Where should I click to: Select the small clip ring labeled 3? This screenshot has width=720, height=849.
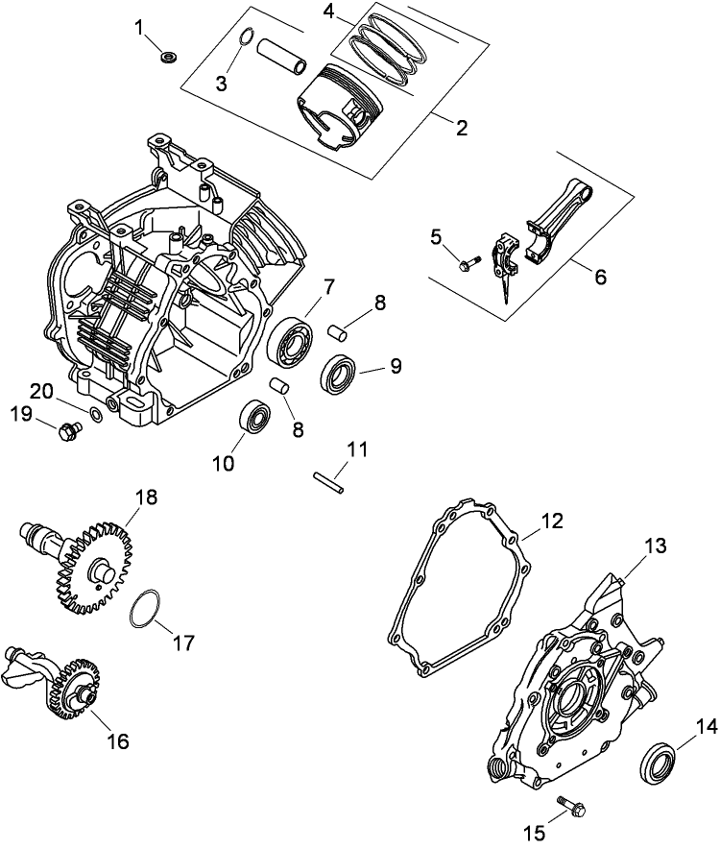point(246,39)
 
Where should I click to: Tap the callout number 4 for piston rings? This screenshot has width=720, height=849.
point(329,12)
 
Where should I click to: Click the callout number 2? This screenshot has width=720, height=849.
point(462,127)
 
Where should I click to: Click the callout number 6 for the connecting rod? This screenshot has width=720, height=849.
point(600,276)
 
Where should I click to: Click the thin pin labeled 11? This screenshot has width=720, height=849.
point(327,479)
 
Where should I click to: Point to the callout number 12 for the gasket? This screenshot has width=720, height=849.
point(552,522)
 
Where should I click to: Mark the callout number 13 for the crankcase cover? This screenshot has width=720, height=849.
point(653,546)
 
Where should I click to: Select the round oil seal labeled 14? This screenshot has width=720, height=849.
point(657,760)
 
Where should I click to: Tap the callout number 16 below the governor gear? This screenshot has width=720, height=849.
point(116,741)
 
